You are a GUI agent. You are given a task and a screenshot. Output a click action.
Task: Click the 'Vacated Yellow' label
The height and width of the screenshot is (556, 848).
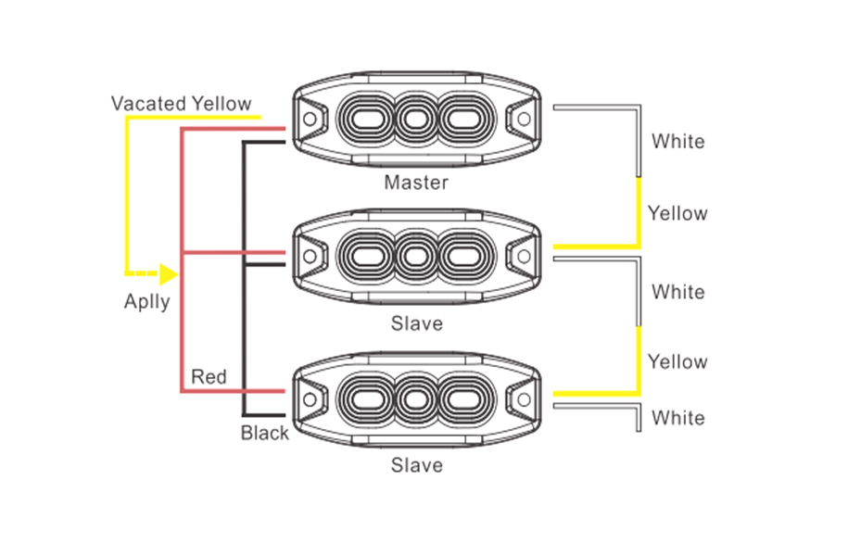(181, 103)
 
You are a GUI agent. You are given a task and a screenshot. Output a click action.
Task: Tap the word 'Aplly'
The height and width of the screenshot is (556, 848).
(147, 301)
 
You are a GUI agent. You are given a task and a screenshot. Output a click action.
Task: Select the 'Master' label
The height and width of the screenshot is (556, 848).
(416, 183)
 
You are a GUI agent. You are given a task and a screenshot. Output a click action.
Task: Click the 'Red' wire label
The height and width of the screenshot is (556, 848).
(209, 376)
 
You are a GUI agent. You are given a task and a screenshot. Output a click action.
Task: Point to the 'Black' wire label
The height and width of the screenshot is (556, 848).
(265, 433)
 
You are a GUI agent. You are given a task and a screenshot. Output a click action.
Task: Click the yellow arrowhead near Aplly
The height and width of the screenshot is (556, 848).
(168, 273)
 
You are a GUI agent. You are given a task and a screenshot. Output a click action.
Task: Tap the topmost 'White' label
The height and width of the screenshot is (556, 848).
(677, 142)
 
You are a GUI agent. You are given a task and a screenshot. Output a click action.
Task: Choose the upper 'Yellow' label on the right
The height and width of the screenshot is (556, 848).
(677, 213)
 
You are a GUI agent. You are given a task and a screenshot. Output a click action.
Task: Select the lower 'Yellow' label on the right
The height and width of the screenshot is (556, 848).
(677, 361)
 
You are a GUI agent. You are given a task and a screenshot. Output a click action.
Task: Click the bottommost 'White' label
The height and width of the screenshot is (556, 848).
(677, 418)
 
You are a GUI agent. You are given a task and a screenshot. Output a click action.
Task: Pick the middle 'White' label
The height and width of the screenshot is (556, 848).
(677, 292)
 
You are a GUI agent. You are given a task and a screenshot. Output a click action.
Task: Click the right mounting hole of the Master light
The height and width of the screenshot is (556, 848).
(524, 119)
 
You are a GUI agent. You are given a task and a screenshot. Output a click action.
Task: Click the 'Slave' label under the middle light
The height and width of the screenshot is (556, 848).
(416, 324)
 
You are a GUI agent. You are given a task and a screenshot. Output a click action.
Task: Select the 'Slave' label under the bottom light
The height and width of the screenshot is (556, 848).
(416, 465)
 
